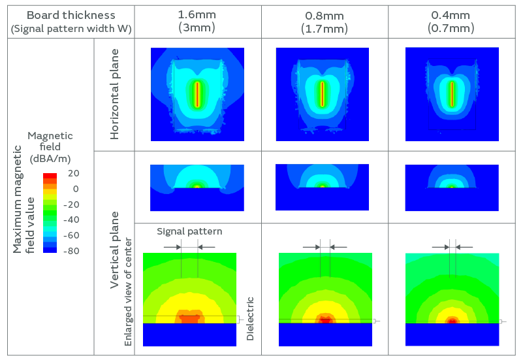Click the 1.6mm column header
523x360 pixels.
pyautogui.click(x=197, y=15)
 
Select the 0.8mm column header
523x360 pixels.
pyautogui.click(x=324, y=15)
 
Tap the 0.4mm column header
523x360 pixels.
pyautogui.click(x=451, y=15)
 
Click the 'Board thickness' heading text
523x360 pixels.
pyautogui.click(x=71, y=15)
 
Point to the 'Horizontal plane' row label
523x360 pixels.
pyautogui.click(x=115, y=95)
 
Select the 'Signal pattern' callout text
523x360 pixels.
pyautogui.click(x=189, y=231)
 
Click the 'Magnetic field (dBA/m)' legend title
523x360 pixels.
pyautogui.click(x=50, y=147)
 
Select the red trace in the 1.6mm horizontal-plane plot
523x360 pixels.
pyautogui.click(x=197, y=94)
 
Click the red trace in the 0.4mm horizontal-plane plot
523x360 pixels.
pyautogui.click(x=451, y=93)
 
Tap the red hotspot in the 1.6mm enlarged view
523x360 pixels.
pyautogui.click(x=189, y=319)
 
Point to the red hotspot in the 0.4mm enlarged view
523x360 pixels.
pyautogui.click(x=451, y=321)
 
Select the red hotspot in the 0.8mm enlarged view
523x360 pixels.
pyautogui.click(x=325, y=319)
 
